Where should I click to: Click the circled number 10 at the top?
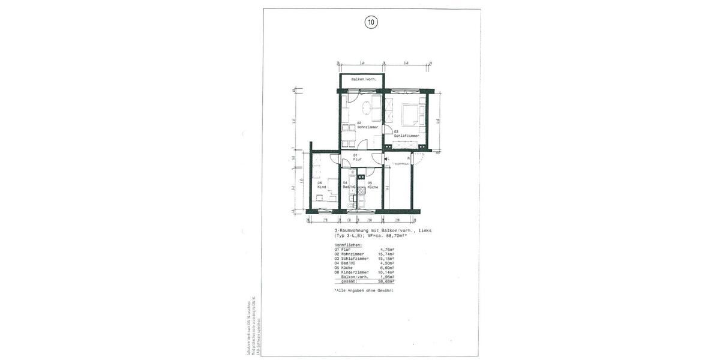371,23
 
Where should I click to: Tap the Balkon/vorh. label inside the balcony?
363,80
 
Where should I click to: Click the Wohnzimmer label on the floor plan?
367,127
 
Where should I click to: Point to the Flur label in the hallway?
357,159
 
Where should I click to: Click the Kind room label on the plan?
321,187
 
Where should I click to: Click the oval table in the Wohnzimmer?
367,109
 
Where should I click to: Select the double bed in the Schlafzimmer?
410,113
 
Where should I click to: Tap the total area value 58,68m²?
389,281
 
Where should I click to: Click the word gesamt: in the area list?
349,281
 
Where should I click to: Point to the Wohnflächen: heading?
347,245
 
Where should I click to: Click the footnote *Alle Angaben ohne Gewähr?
364,290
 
